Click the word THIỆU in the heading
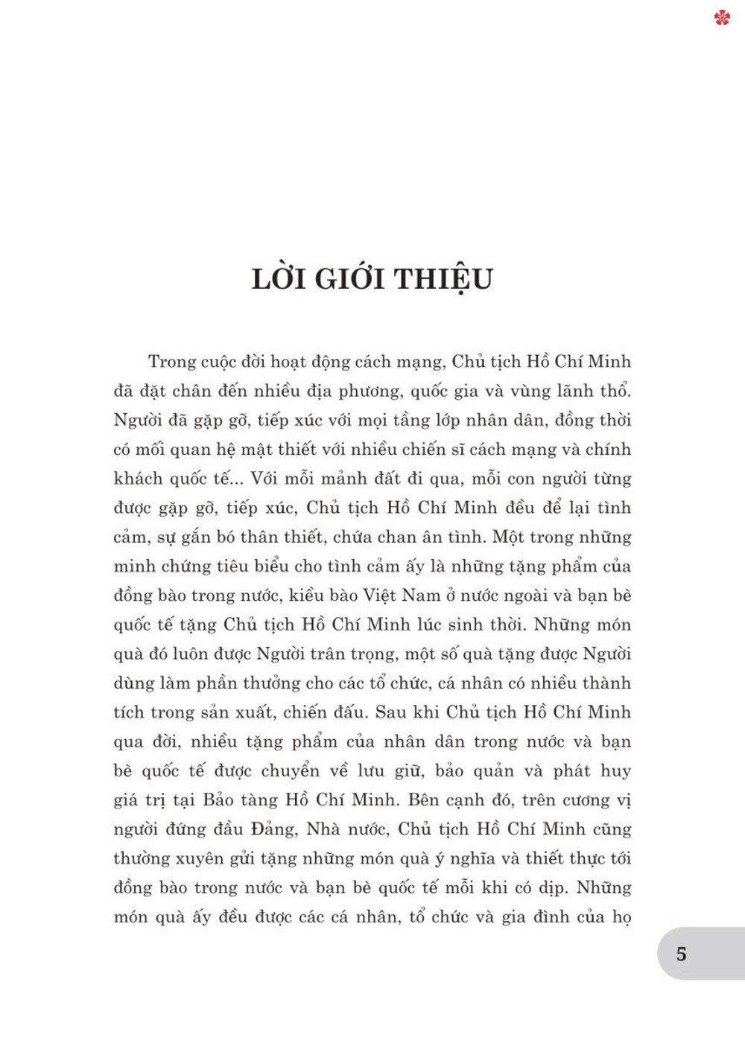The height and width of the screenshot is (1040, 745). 443,279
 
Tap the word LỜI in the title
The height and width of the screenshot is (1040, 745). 279,279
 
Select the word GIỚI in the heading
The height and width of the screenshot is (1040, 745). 349,279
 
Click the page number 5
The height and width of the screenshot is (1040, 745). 681,954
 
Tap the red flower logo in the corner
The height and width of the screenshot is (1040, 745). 722,17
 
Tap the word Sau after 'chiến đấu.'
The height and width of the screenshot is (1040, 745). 390,712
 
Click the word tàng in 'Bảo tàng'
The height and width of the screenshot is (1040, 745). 259,800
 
